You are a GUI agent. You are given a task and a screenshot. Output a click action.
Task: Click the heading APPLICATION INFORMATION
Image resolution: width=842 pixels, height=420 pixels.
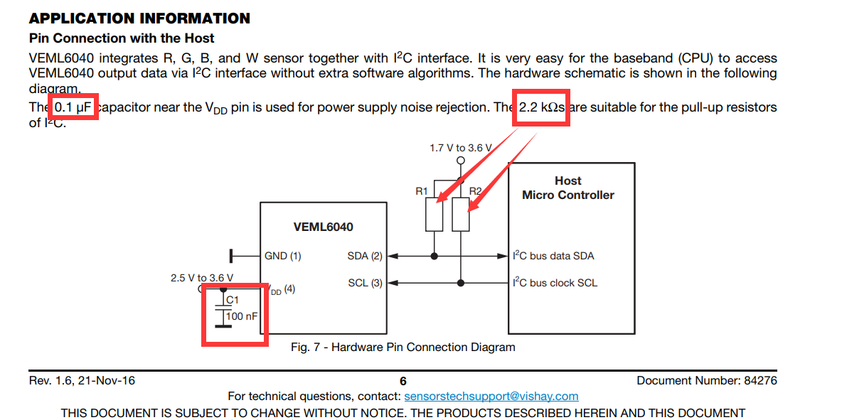[139, 19]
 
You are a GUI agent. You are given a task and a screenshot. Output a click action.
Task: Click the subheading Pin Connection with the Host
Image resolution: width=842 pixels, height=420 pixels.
[122, 38]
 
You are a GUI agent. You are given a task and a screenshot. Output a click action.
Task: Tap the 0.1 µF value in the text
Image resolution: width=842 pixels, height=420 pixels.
[74, 107]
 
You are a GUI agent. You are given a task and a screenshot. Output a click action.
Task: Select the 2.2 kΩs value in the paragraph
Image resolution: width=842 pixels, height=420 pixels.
[541, 107]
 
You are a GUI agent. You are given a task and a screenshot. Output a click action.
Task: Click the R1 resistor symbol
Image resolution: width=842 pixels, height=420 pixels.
[435, 215]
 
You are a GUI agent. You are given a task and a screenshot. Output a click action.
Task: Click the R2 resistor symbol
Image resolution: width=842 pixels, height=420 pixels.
[461, 215]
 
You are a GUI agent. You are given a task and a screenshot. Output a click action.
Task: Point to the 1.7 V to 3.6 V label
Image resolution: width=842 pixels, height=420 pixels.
[460, 148]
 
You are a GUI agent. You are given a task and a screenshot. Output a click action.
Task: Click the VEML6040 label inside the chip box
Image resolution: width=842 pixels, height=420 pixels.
[323, 227]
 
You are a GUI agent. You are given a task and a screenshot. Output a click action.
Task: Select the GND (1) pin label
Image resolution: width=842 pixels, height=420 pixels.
[283, 256]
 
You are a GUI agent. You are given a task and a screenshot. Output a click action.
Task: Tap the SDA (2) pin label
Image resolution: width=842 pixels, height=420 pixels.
[365, 256]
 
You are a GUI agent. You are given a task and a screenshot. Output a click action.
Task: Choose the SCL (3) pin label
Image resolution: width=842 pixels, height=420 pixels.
[365, 283]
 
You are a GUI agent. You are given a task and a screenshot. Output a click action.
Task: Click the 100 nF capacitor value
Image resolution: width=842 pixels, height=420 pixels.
[242, 316]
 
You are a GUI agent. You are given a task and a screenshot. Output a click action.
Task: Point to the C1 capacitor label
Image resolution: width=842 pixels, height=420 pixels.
[233, 301]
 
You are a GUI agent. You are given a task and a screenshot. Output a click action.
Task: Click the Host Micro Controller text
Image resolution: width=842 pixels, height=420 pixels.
[567, 188]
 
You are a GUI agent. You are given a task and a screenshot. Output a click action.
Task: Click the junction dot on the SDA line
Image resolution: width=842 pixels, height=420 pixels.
[435, 256]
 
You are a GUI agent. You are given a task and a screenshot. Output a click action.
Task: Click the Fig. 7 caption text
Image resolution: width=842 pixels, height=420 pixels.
[403, 348]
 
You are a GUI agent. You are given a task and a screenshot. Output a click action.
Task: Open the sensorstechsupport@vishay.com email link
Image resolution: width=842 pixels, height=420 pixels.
[491, 396]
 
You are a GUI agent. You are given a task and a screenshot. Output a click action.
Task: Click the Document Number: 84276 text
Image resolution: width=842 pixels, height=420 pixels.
[706, 381]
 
